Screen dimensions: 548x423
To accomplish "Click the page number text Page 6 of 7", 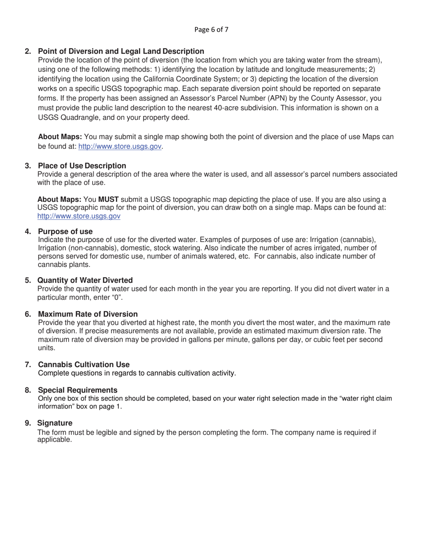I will (211, 30).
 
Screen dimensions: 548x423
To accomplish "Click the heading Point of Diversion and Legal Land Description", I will (121, 51).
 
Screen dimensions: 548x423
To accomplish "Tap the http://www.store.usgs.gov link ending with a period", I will (119, 146).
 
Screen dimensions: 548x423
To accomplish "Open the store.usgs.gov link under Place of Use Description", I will (79, 216).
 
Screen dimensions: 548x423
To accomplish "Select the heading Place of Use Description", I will (82, 166).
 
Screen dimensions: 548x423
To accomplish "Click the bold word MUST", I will (108, 199).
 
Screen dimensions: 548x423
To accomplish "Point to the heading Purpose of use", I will (65, 231).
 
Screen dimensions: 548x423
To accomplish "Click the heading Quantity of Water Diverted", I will (85, 280).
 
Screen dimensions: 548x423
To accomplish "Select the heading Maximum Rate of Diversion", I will (88, 314).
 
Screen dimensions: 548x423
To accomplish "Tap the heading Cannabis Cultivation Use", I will (84, 364).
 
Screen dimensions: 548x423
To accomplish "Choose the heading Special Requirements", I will (78, 390).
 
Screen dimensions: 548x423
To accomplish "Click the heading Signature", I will (55, 422).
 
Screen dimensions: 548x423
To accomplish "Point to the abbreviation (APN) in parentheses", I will (276, 98).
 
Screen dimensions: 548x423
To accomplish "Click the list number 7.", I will (28, 364).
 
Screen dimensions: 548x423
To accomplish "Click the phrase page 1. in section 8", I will (111, 406).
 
